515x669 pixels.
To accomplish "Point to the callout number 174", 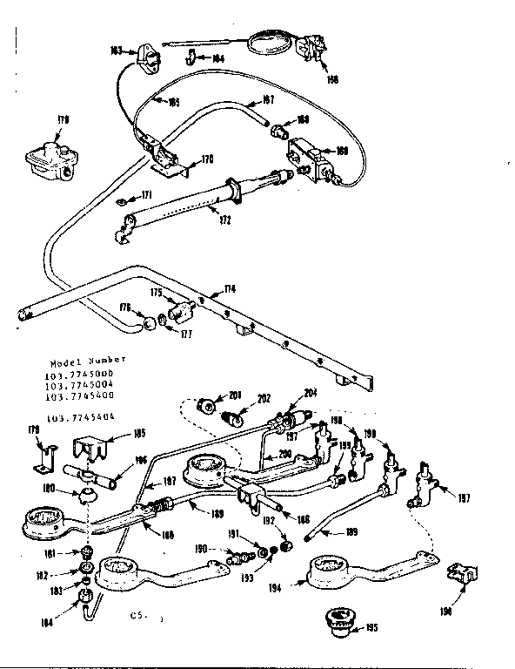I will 229,288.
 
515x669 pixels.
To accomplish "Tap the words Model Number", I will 87,360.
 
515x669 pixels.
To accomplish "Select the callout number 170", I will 206,159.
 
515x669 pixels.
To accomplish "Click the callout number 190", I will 201,549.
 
